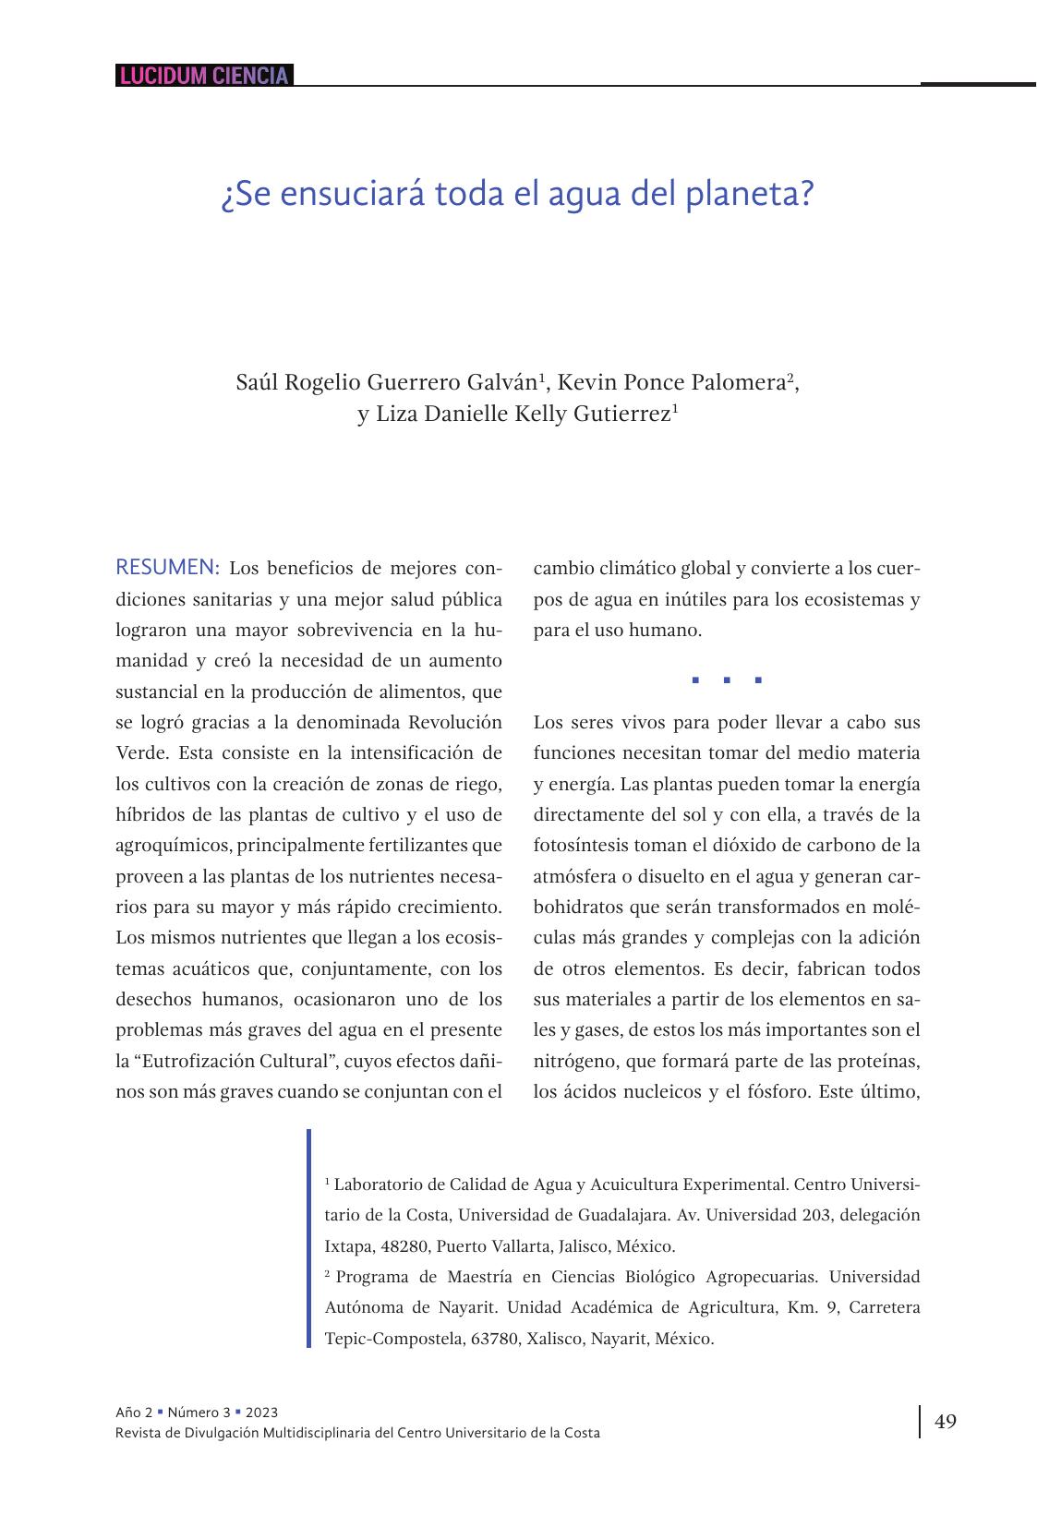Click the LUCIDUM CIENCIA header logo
(x=204, y=76)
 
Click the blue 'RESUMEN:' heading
(x=167, y=567)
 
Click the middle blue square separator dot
(x=727, y=681)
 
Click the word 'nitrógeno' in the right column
(x=576, y=1061)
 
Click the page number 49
(x=946, y=1422)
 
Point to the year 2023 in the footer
(x=261, y=1413)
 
